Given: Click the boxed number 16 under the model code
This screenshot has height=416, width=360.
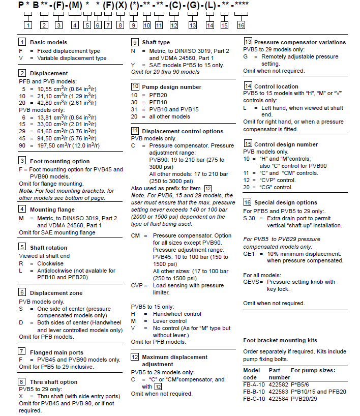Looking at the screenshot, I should tap(241, 25).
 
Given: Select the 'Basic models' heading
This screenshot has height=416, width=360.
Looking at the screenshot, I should tap(48, 42).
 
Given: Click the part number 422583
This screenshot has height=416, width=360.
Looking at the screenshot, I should tap(279, 392).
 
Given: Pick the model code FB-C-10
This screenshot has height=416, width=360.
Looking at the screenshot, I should tap(253, 399).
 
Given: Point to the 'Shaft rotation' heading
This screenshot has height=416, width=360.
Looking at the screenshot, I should tap(48, 248).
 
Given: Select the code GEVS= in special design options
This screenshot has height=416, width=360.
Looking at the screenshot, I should tap(253, 282).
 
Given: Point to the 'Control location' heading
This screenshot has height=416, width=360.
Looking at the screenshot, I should tap(276, 86).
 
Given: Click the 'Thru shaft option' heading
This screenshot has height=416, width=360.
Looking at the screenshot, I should tap(54, 382).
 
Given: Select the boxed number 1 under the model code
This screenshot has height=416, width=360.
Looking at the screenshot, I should tap(27, 25).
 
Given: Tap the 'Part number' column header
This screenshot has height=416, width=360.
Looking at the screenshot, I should tap(279, 374).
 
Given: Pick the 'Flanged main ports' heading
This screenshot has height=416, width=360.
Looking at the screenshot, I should tap(56, 351).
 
